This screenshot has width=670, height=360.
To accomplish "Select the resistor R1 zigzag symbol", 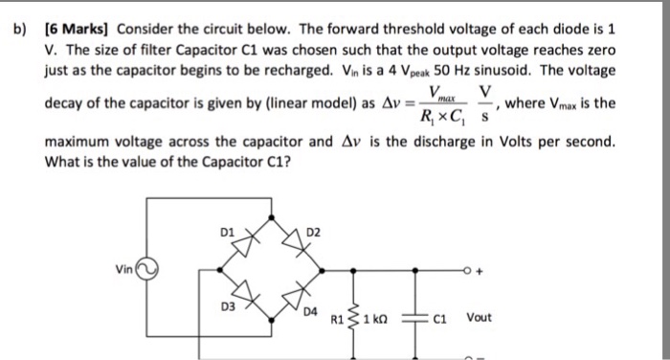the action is [x=359, y=311].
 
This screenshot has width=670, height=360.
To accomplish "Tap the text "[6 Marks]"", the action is [x=78, y=23].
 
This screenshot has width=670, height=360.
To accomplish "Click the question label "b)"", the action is [x=18, y=23].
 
